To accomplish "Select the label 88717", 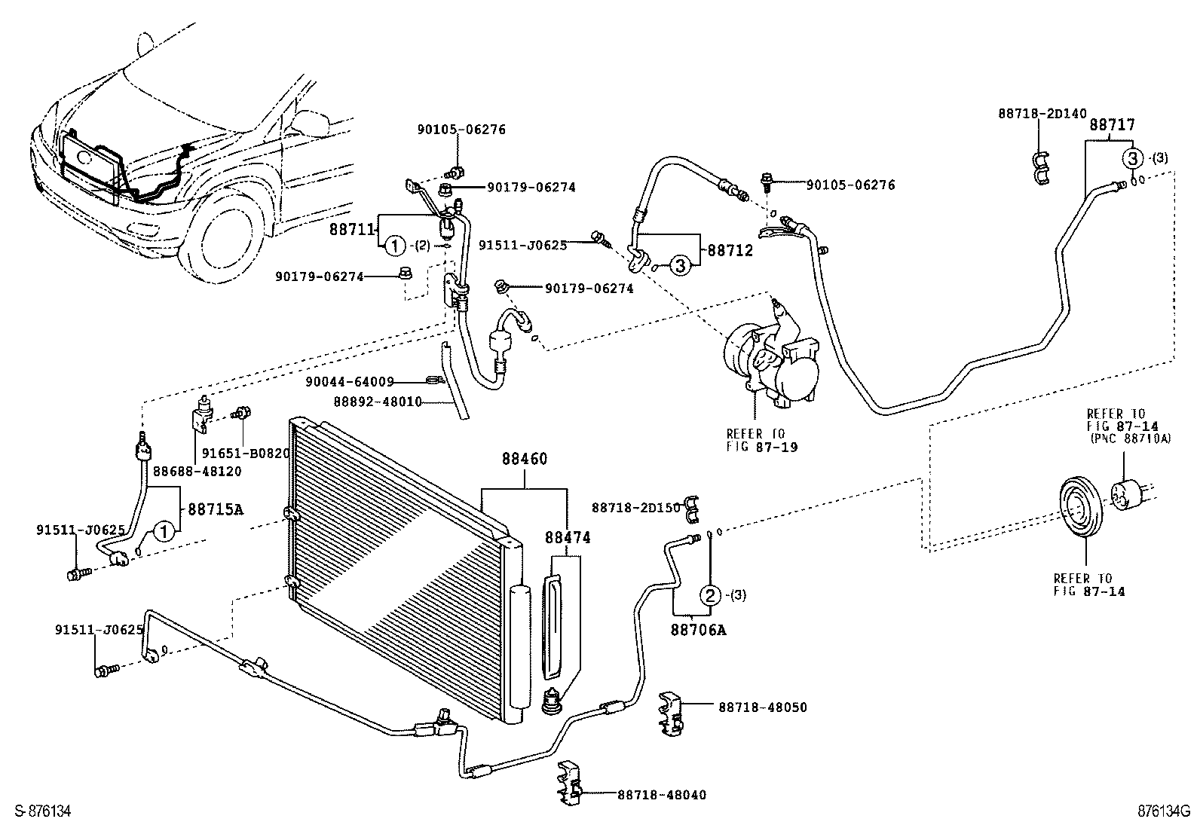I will [1112, 125].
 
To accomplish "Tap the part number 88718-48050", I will [762, 707].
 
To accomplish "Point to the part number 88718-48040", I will [662, 794].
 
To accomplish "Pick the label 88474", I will [568, 537].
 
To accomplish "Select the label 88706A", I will [699, 629].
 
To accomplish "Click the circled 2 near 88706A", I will [710, 595].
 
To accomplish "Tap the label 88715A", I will [215, 509].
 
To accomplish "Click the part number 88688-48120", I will [197, 471].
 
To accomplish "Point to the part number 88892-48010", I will [378, 402].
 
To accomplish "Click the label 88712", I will [730, 250].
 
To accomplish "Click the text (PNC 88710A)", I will [1128, 438].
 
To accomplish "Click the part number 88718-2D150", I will [635, 508].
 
